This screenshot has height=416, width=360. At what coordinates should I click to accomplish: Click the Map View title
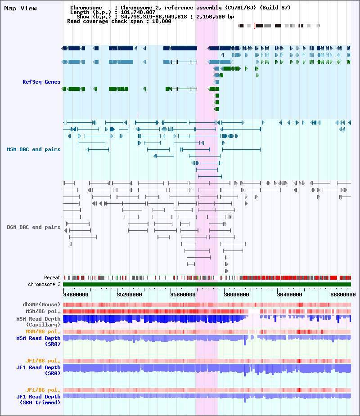(x=20, y=8)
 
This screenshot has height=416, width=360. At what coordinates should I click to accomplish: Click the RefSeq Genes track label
(x=41, y=82)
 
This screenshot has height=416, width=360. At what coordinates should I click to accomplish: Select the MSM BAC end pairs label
(x=33, y=149)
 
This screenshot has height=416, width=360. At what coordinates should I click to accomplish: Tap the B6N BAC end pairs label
(x=33, y=227)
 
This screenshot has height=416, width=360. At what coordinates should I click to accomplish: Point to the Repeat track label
(x=52, y=277)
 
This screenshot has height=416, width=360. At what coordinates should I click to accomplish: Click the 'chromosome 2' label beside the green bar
(x=44, y=284)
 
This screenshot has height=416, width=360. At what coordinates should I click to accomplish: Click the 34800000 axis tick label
(x=76, y=295)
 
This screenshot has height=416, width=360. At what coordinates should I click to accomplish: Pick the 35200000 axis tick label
(x=129, y=295)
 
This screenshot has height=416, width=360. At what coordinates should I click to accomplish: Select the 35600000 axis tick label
(x=183, y=295)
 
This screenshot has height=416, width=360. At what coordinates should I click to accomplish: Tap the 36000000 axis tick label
(x=236, y=295)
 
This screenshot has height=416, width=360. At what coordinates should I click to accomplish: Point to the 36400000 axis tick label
(x=289, y=295)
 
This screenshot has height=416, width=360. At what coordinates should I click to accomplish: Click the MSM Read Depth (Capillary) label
(x=38, y=321)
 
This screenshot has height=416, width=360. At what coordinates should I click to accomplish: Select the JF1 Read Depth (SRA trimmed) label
(x=38, y=399)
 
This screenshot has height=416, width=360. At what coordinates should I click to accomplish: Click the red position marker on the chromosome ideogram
(x=254, y=26)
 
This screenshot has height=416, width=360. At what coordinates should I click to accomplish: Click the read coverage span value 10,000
(x=162, y=21)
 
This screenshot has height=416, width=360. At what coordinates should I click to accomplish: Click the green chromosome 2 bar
(x=207, y=284)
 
